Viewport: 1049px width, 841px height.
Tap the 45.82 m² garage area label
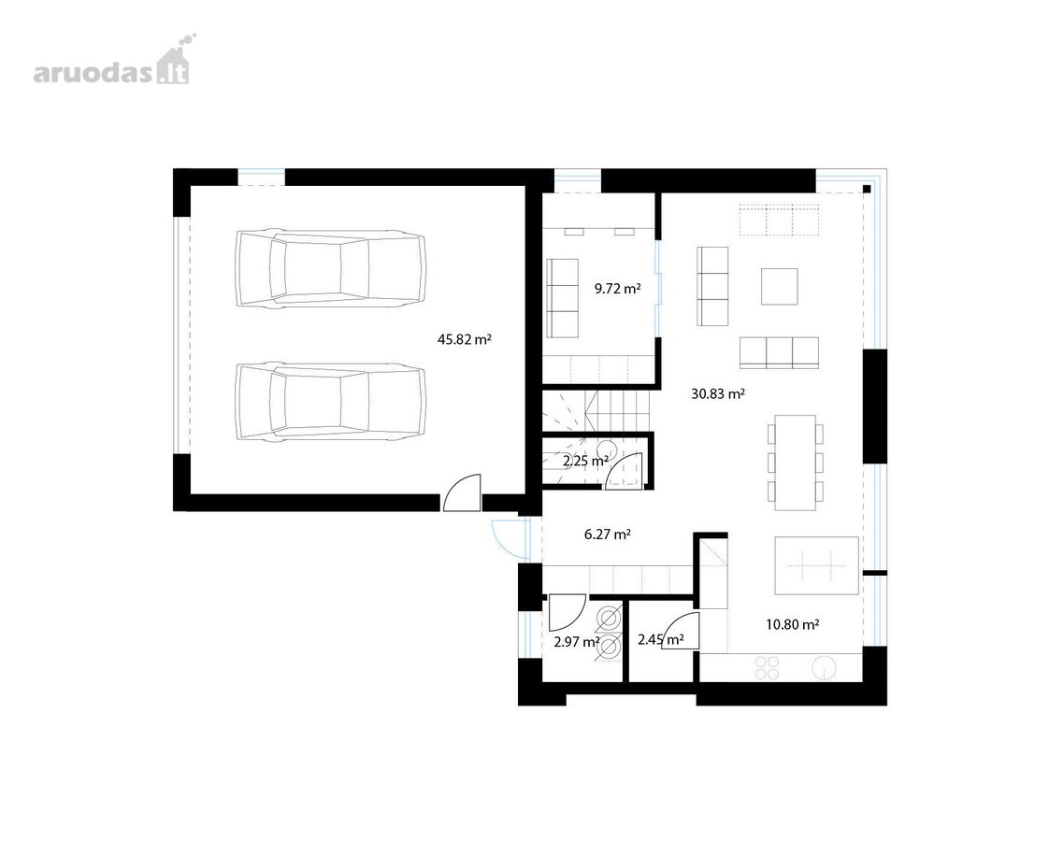(465, 339)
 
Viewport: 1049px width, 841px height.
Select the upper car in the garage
(330, 269)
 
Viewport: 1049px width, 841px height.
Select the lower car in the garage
(330, 403)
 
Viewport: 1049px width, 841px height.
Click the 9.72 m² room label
(617, 289)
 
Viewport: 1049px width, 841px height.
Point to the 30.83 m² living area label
(718, 394)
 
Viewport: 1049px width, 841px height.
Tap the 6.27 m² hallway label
(608, 535)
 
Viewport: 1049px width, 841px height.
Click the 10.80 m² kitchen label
(793, 625)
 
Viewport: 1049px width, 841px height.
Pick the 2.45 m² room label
(660, 640)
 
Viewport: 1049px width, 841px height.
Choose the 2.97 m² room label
(577, 643)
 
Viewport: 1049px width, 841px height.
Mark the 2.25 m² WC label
(585, 461)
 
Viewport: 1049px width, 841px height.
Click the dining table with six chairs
(796, 463)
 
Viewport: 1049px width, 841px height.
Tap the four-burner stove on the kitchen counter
(767, 668)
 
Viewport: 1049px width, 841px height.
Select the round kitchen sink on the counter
(824, 668)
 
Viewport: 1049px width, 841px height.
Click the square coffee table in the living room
(780, 286)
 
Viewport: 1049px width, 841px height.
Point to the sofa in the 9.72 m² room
(562, 298)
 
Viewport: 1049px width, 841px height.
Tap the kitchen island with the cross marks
(816, 565)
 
